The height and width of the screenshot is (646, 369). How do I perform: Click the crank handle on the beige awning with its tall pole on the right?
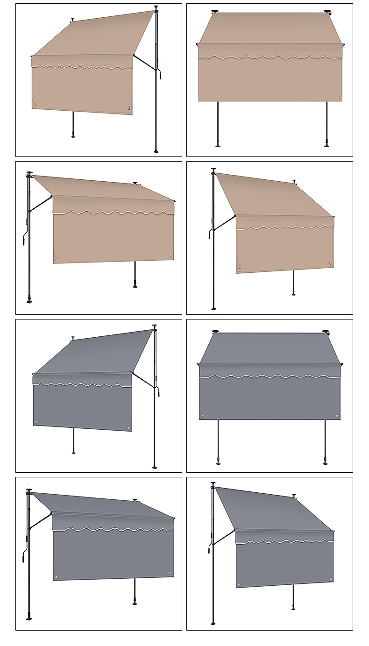tap(160, 74)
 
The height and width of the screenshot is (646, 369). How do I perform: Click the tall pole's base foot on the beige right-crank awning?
tap(156, 151)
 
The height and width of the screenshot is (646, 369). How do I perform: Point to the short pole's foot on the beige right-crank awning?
tap(73, 136)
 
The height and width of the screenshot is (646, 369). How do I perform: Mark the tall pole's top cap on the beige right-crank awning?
tap(156, 7)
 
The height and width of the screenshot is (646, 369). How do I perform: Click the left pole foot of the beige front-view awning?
tap(218, 145)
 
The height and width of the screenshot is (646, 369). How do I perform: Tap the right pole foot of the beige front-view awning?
tap(327, 145)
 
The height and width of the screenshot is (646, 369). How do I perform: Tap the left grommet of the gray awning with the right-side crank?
tap(35, 422)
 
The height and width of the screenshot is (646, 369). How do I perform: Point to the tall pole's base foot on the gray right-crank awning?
tap(155, 467)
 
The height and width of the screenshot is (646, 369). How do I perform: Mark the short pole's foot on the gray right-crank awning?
tap(73, 452)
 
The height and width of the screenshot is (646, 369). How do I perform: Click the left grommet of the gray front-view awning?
tap(202, 415)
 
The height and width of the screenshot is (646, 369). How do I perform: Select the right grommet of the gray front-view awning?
tap(337, 415)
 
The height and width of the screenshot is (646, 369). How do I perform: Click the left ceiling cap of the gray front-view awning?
tap(215, 332)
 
